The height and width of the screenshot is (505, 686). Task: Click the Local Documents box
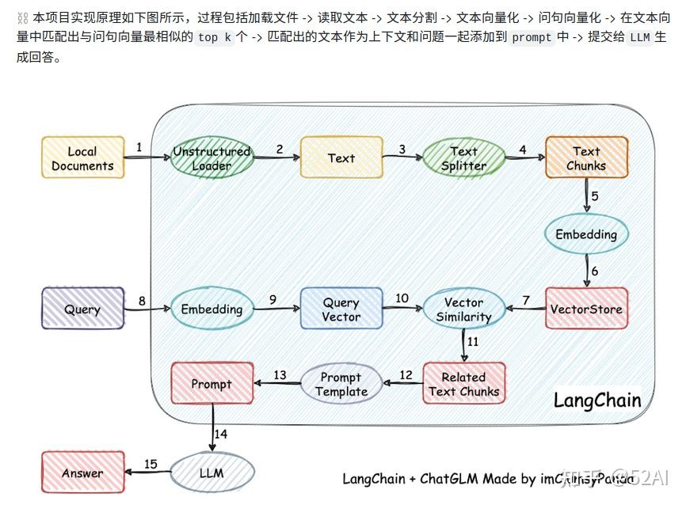click(x=82, y=158)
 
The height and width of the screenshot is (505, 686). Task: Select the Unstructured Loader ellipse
click(x=212, y=158)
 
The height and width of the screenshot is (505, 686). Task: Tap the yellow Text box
click(x=341, y=158)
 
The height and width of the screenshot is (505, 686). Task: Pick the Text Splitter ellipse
click(x=463, y=158)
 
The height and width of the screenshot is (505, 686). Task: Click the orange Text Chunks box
click(x=586, y=158)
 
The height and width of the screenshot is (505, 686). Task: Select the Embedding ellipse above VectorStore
click(x=586, y=234)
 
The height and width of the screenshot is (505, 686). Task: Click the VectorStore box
click(x=586, y=309)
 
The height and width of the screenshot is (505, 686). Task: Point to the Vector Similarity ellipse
click(x=463, y=309)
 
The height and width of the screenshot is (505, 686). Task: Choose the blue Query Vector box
click(x=341, y=309)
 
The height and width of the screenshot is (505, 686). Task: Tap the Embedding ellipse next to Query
click(x=212, y=309)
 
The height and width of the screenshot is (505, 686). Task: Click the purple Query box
click(x=82, y=309)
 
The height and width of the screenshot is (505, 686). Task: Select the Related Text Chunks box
click(x=463, y=384)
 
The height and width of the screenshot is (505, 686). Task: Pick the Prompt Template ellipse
click(x=341, y=384)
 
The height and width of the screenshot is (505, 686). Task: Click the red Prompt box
click(x=212, y=384)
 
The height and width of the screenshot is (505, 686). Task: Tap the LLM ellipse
click(x=212, y=473)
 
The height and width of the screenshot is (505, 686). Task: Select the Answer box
click(x=82, y=473)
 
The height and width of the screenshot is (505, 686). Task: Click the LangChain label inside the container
click(x=596, y=400)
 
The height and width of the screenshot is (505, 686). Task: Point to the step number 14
click(x=221, y=434)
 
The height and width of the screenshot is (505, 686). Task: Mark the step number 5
click(x=594, y=196)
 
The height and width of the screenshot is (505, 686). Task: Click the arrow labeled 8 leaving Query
click(x=147, y=310)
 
